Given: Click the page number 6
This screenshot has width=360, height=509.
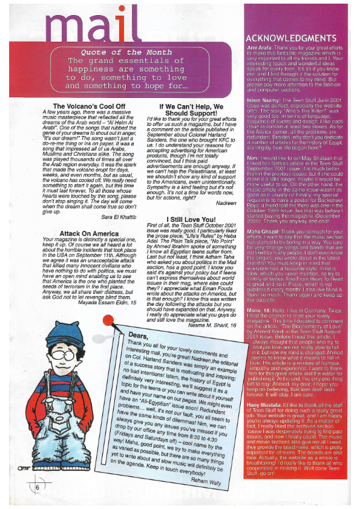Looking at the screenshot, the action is (x=38, y=488).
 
